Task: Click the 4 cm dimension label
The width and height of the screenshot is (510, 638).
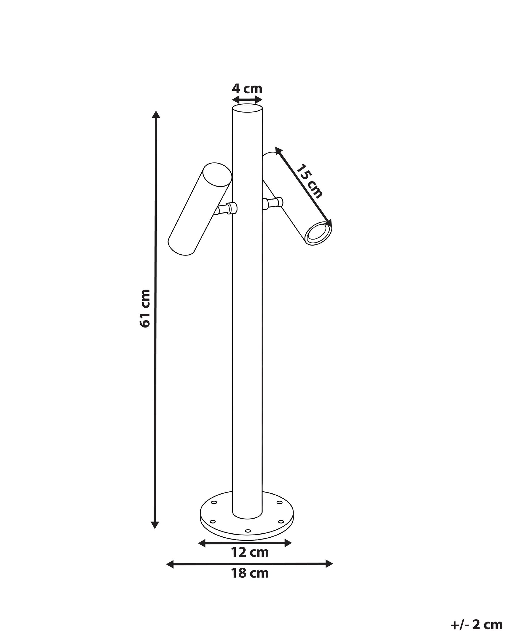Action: pos(247,88)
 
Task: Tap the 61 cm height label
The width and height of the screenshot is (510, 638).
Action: pos(145,308)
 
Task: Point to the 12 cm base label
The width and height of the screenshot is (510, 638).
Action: pos(250,561)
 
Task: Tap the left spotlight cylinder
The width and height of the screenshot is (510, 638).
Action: pos(200,209)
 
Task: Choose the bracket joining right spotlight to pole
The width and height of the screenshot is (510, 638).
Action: pos(273,203)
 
